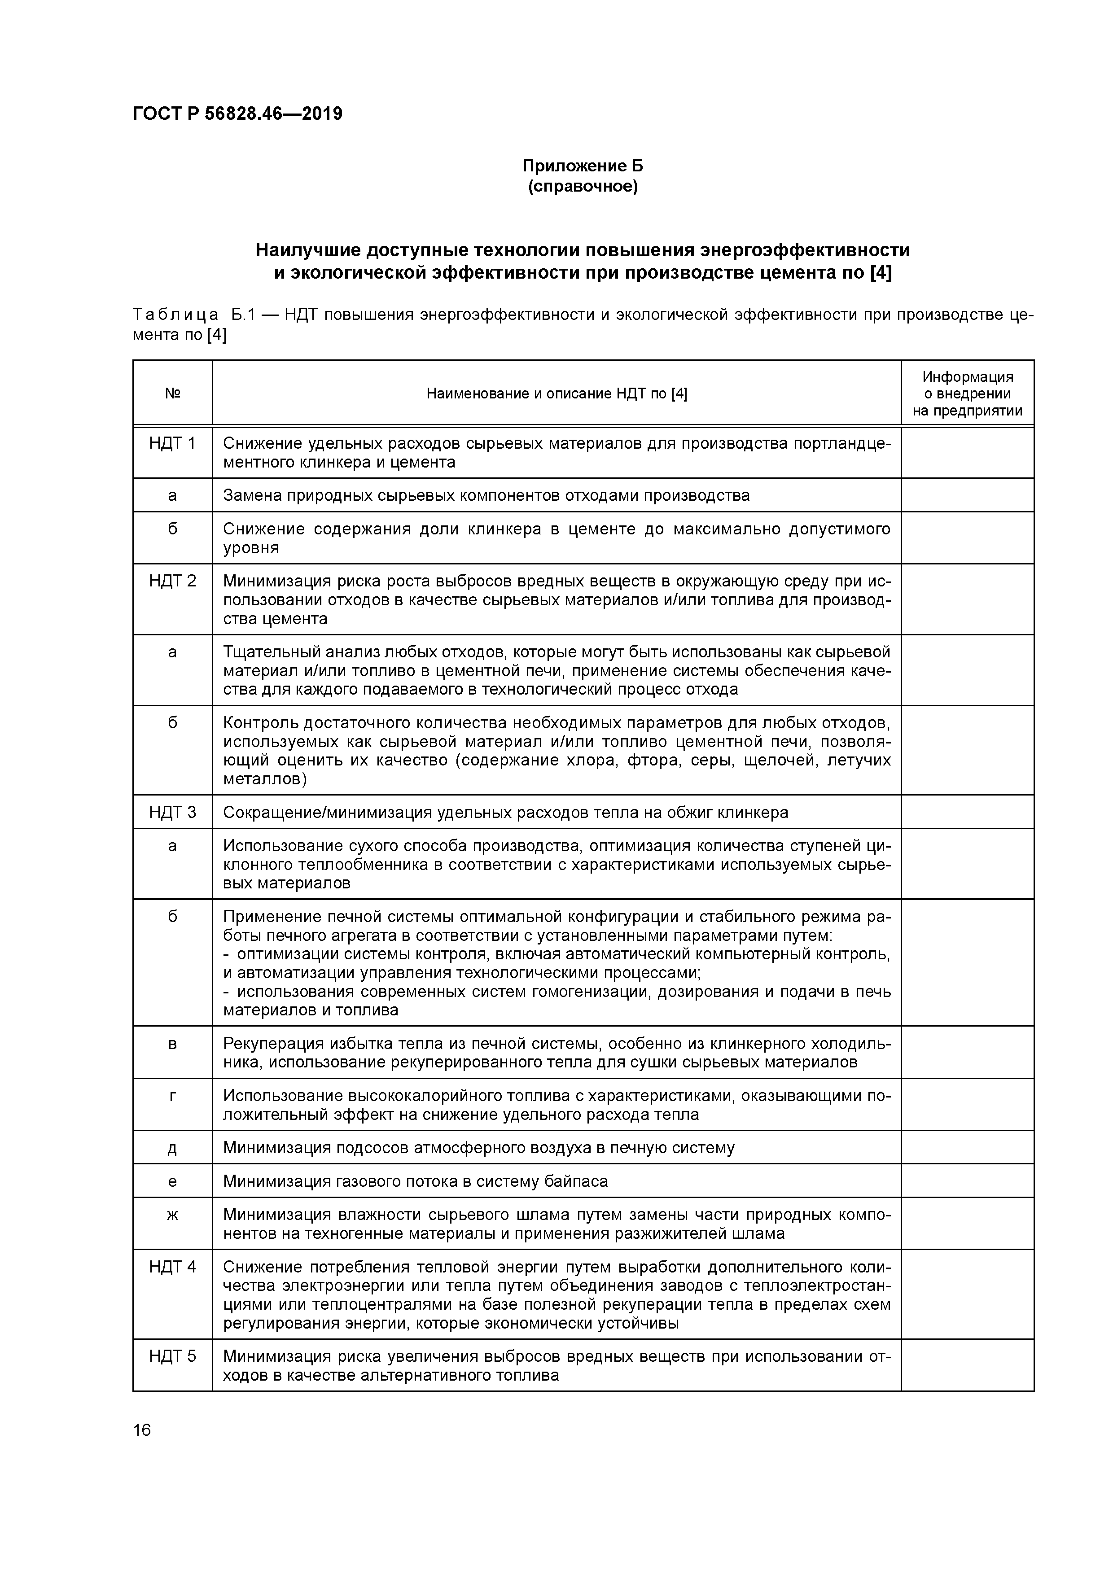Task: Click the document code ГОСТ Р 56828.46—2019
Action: click(x=237, y=114)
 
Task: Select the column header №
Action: click(x=172, y=393)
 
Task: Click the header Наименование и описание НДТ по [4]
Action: click(x=556, y=393)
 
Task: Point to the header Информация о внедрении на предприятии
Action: click(x=967, y=393)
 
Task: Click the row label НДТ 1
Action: click(x=172, y=444)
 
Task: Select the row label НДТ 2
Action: click(x=172, y=582)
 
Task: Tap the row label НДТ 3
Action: click(x=172, y=813)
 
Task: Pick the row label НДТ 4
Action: click(x=172, y=1267)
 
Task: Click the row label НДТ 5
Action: click(x=172, y=1356)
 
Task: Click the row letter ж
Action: click(x=172, y=1215)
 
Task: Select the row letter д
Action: click(x=172, y=1148)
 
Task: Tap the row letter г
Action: click(x=172, y=1096)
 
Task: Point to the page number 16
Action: click(x=142, y=1430)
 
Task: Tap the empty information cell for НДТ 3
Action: click(x=967, y=813)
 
